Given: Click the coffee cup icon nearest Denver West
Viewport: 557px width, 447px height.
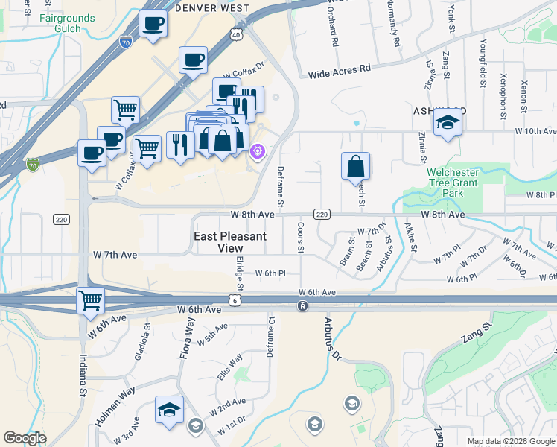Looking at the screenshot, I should (153, 24).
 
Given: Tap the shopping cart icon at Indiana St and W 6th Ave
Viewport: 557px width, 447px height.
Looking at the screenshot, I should (91, 301).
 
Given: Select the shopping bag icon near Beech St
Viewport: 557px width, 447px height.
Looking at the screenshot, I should (356, 166).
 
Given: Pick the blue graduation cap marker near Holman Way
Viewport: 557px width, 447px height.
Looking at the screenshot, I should (169, 410).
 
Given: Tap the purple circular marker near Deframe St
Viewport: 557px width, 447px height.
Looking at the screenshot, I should (258, 151).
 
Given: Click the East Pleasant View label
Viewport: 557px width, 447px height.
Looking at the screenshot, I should (230, 242).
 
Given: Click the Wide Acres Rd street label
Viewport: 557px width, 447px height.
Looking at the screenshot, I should (339, 69).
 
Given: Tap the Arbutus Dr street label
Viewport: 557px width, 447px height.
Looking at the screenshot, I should (330, 338).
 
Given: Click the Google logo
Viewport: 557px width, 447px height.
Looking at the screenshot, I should (25, 438).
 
